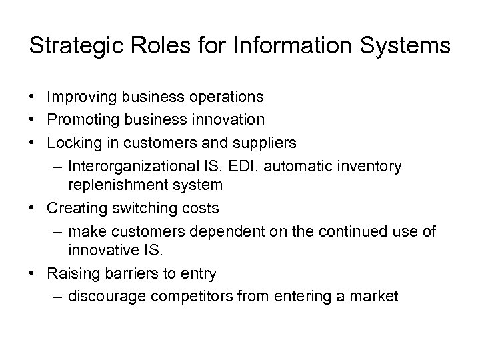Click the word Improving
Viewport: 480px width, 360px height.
[x=83, y=97]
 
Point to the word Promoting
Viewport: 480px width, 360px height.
[x=83, y=119]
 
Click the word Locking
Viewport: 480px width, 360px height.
[x=73, y=143]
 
